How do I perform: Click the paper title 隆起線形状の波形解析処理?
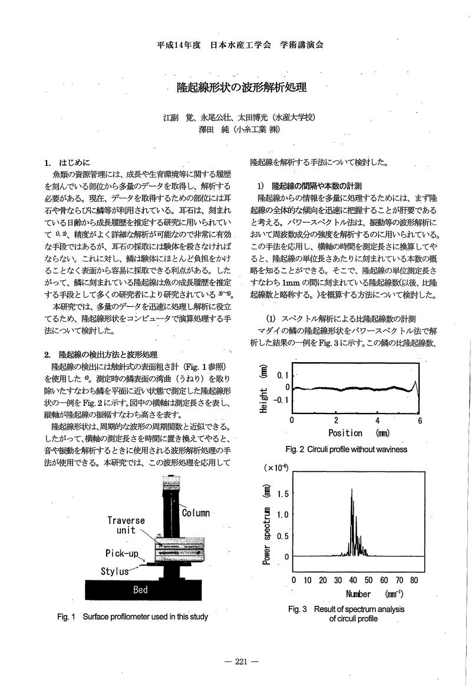[242, 88]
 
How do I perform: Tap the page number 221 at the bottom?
[242, 661]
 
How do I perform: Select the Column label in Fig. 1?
[196, 513]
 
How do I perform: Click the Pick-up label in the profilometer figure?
[122, 554]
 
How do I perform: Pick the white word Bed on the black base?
[140, 590]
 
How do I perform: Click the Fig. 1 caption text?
[132, 617]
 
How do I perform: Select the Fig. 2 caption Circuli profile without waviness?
[346, 450]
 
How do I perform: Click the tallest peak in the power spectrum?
[352, 489]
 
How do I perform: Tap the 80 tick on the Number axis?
[414, 580]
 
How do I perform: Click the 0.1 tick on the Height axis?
[282, 375]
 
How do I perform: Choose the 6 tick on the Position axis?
[420, 421]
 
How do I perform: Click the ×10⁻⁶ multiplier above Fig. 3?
[277, 467]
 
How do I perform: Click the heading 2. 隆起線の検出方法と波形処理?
[100, 355]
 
